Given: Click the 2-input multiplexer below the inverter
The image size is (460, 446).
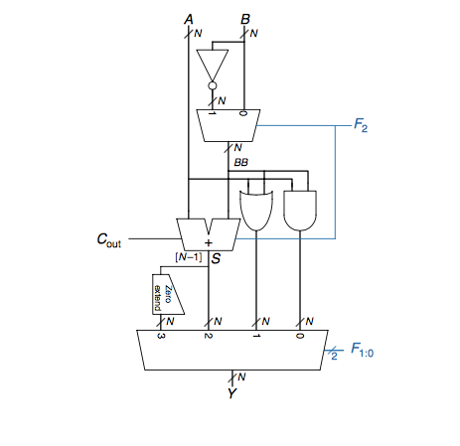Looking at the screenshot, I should [228, 125].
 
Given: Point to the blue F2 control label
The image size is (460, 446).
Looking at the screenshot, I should [362, 127].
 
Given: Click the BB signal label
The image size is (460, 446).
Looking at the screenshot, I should [241, 161].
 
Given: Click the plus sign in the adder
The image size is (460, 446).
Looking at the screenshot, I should [209, 241].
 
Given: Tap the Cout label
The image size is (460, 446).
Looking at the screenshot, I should [108, 239].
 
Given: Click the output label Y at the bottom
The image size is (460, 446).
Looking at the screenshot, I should [231, 394].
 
